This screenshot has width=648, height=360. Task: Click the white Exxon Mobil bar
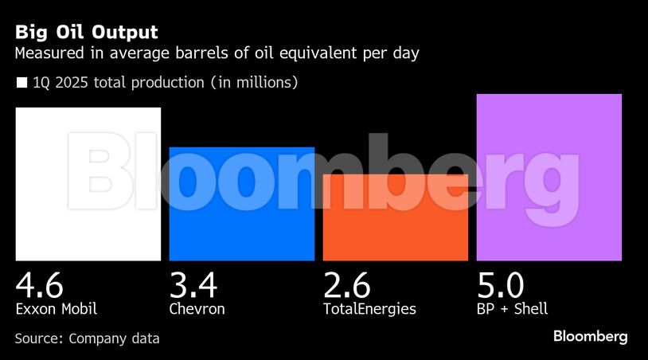point(88,184)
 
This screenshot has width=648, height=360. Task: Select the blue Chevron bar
point(242,204)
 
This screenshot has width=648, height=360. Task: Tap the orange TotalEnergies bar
point(395,217)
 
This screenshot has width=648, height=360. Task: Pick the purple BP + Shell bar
point(548,177)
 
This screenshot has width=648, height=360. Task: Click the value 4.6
point(39,284)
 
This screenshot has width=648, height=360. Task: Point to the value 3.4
point(193,284)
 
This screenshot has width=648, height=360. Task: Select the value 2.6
point(347,284)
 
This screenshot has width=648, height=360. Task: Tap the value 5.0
point(501,284)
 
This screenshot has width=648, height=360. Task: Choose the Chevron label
point(197,308)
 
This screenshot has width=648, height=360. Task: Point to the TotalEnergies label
point(369,308)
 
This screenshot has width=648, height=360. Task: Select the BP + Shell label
point(512,308)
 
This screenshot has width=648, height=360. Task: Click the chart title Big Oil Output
point(86,33)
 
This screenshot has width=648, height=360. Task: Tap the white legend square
point(21,82)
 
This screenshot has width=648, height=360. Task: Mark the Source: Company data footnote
point(87,338)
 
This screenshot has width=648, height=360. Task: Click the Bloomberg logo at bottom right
point(590,337)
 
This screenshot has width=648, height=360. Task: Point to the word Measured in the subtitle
point(50,54)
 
